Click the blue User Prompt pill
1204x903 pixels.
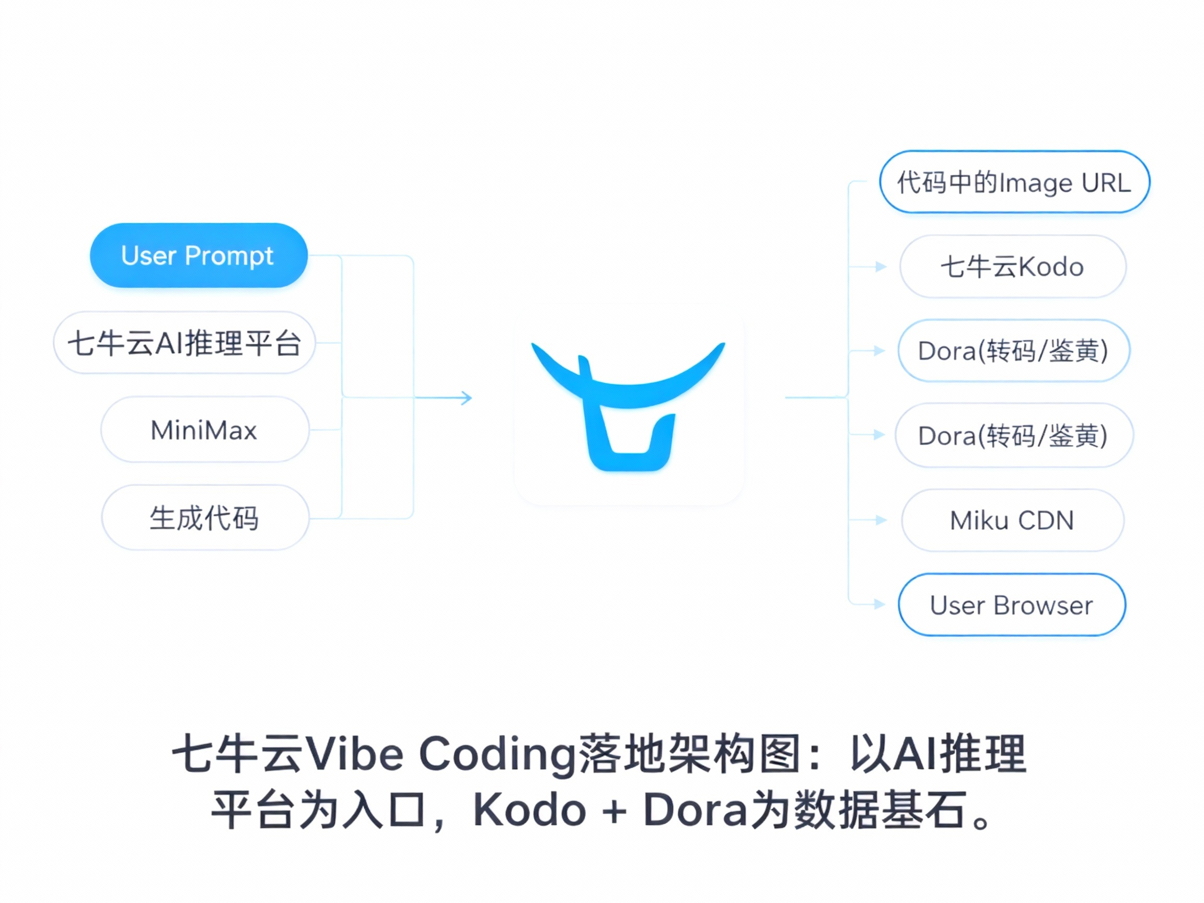(x=199, y=256)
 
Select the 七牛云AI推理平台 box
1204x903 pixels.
(x=184, y=343)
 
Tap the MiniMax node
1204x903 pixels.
(x=205, y=430)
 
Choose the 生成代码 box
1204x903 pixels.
(x=205, y=518)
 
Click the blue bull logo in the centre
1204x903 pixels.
(x=628, y=406)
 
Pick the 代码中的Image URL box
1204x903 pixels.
(x=1014, y=182)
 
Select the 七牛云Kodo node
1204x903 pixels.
(x=1012, y=267)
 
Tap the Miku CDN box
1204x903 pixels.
(x=1012, y=520)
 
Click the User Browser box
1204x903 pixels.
(x=1011, y=605)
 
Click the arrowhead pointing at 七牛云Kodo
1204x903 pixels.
(x=881, y=267)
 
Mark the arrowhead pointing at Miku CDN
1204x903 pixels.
(x=881, y=520)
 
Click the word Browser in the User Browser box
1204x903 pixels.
(x=1043, y=605)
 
